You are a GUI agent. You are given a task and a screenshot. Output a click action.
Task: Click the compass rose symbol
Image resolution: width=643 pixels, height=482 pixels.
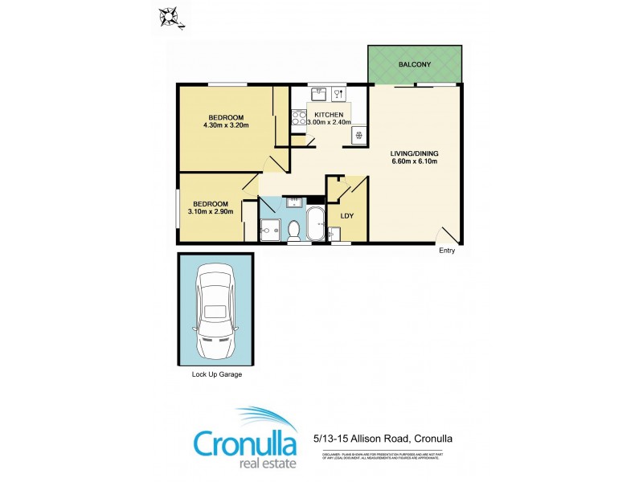point(170,15)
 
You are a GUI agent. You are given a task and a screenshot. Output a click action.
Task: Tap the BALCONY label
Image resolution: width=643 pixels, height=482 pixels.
point(415,64)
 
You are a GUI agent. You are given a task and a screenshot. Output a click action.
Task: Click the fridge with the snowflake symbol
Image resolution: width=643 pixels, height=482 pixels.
point(358,135)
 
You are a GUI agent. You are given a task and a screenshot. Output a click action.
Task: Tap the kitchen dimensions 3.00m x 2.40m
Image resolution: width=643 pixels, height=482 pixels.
point(330,122)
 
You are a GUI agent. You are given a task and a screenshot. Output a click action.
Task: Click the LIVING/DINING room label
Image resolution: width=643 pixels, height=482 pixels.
point(414,153)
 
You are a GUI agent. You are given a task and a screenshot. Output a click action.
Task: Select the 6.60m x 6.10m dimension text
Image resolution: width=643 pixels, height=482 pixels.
point(414,161)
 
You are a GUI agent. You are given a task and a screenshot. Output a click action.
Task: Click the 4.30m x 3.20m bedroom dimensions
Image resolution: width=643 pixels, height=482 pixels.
point(226,125)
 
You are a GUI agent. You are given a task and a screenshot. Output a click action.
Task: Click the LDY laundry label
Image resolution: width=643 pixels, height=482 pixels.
point(347,215)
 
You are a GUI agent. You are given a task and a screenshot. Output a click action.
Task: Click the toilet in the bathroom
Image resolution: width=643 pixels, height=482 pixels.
point(293,230)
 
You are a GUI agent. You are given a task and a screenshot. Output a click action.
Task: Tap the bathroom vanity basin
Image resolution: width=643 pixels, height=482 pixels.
point(293,201)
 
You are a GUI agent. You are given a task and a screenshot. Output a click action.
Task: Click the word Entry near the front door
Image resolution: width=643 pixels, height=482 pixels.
point(447,251)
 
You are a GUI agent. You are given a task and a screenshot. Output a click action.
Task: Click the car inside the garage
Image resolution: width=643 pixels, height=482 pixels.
point(215,311)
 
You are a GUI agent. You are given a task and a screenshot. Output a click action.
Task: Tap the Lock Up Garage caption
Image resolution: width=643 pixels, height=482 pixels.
point(216,374)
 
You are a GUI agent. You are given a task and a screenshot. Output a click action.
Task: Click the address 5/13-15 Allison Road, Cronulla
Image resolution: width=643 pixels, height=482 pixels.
point(382,439)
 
